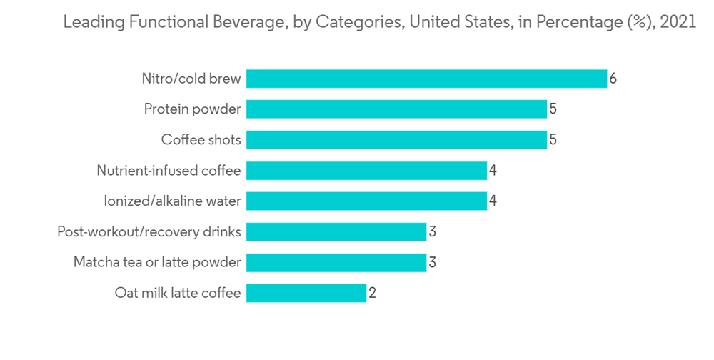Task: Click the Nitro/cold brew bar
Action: coord(426,79)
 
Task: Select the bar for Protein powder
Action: coord(396,109)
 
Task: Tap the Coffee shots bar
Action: coord(396,140)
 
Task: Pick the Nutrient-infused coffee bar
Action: coord(366,171)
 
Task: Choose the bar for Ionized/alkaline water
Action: coord(366,201)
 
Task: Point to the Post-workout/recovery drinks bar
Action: coord(336,232)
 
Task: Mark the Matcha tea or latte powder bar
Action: coord(336,263)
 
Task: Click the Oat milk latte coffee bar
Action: coord(306,293)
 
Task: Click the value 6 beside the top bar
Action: coord(613,79)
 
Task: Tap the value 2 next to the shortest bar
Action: coord(372,293)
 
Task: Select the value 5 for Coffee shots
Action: coord(553,140)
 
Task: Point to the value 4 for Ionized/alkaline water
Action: coord(493,201)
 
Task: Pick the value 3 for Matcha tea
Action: coord(432,263)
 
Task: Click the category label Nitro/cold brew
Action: coord(191,79)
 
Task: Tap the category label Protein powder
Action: coord(192,109)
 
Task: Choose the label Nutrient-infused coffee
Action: coord(169,171)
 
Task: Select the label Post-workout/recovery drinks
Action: coord(149,232)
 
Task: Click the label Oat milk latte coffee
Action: coord(177,293)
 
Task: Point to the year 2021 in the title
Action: coord(678,22)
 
